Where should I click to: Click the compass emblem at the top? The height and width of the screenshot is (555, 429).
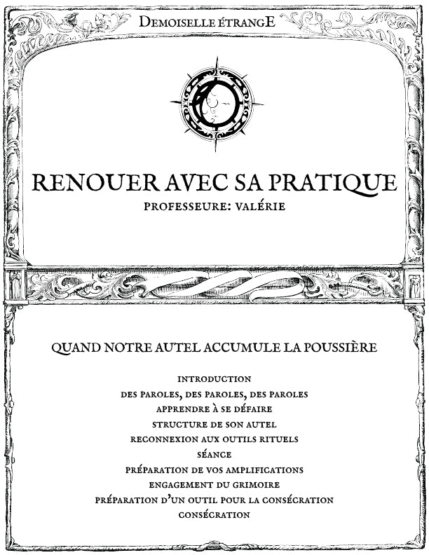point(216,103)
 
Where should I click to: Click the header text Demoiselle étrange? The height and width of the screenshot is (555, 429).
point(207,22)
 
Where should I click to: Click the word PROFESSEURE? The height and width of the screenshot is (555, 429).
point(184,207)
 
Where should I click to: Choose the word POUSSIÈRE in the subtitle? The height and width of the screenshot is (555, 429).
point(335,347)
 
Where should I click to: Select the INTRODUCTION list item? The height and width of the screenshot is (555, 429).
point(214,379)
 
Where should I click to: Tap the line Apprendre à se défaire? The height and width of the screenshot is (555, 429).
point(214,409)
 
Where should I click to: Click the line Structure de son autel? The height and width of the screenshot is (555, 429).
point(214,425)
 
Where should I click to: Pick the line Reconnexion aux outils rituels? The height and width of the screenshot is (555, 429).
point(214,439)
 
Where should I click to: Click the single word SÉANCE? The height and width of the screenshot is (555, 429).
point(214,455)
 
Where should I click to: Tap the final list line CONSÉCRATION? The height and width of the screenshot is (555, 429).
point(214,515)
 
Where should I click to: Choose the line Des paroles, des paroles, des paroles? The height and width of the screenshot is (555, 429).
point(214,395)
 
